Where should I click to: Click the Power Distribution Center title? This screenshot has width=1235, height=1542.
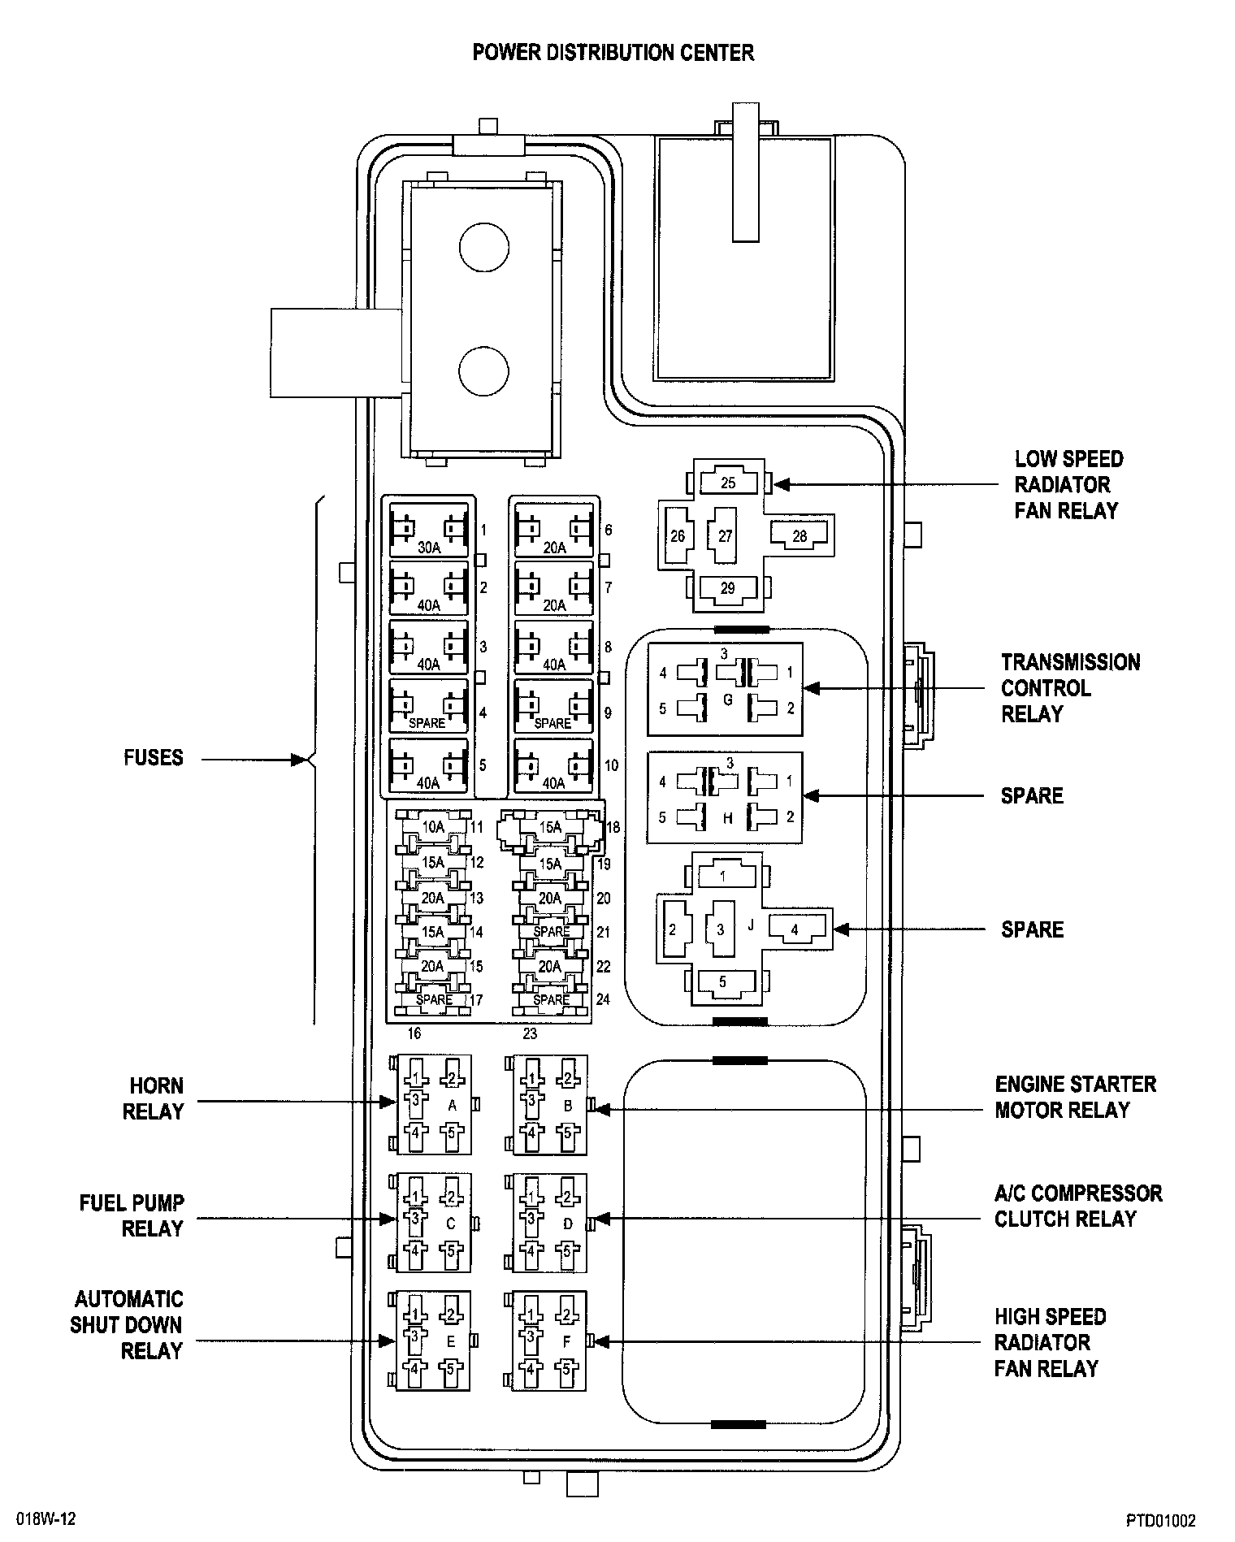click(613, 53)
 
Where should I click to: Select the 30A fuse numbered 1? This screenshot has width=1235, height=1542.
click(429, 530)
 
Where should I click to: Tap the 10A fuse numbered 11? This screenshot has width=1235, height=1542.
click(433, 827)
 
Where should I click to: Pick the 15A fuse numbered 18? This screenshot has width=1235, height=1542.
click(550, 828)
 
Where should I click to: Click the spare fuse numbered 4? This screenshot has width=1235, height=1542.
click(429, 705)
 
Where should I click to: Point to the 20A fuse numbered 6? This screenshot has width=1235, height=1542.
click(554, 530)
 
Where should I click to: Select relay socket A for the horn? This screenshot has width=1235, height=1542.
click(433, 1104)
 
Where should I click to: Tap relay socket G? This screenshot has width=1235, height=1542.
click(725, 689)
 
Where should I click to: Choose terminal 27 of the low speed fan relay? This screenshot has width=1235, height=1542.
click(726, 535)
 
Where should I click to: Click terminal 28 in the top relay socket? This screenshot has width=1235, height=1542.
click(799, 535)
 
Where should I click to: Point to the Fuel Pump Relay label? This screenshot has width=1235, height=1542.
click(132, 1215)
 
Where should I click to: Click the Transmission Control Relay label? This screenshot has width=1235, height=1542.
click(1070, 688)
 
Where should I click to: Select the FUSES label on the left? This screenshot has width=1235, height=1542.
click(154, 758)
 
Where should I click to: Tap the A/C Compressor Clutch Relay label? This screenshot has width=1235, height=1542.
click(1078, 1206)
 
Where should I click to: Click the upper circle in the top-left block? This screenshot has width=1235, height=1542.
click(484, 248)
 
